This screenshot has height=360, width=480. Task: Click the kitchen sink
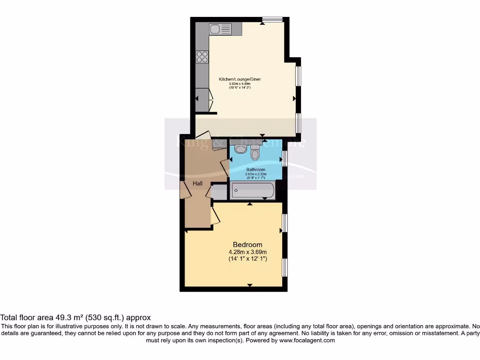click(x=220, y=30)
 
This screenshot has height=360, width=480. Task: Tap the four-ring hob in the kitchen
click(x=202, y=57)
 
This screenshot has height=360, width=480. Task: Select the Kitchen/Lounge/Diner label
click(x=240, y=79)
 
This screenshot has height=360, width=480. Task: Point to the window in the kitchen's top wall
click(x=272, y=20)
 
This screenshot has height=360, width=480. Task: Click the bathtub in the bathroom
click(x=253, y=191)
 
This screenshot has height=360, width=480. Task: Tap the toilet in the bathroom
click(x=255, y=153)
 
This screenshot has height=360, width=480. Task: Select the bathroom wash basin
click(x=240, y=149)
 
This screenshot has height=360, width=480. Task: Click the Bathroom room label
click(x=256, y=170)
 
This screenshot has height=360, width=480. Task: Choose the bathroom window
click(x=285, y=158)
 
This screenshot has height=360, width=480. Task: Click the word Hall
click(x=198, y=183)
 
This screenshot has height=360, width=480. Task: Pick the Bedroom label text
click(x=247, y=245)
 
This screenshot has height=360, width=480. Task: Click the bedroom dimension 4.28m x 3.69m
click(x=247, y=252)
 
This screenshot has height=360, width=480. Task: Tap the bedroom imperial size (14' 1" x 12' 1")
click(x=247, y=259)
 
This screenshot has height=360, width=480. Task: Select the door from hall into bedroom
click(x=215, y=215)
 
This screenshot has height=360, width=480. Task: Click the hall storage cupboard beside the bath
click(x=219, y=192)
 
